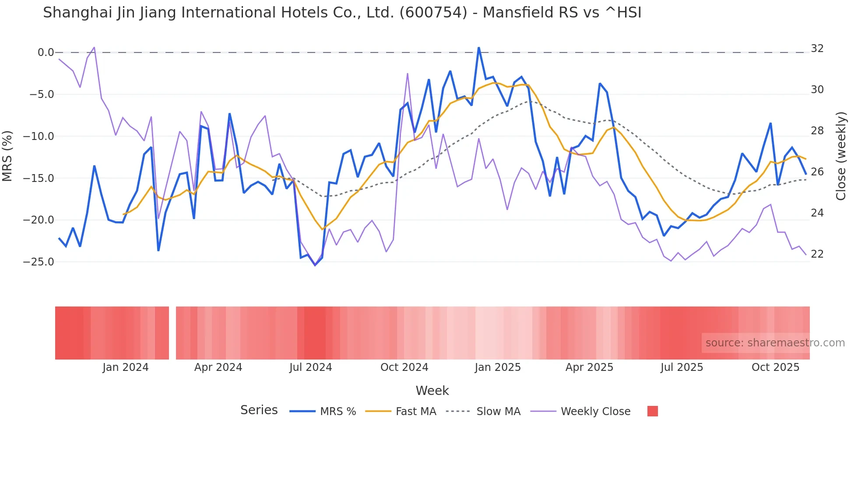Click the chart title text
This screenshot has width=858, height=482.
pos(342,13)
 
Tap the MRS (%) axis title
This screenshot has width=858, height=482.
pos(7,156)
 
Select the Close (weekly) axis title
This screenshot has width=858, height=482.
pos(840,156)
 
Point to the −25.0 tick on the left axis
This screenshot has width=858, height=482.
pos(39,262)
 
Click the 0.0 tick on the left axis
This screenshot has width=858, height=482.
pos(46,52)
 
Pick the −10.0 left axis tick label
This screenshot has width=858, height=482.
pos(39,136)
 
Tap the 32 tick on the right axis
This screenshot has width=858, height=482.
pos(817,49)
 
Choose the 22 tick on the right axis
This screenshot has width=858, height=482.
pos(817,254)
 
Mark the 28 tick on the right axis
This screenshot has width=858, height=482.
pos(817,131)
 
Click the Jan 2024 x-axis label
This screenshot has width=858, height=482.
pos(126,367)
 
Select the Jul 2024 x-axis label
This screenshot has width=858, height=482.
pos(311,367)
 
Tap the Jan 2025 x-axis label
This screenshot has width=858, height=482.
pos(498,367)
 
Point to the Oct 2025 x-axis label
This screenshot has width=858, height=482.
pos(775,367)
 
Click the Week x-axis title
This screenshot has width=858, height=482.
pos(432,391)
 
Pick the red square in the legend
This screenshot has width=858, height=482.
pos(652,411)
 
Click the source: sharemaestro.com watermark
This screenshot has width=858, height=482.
pos(775,343)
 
